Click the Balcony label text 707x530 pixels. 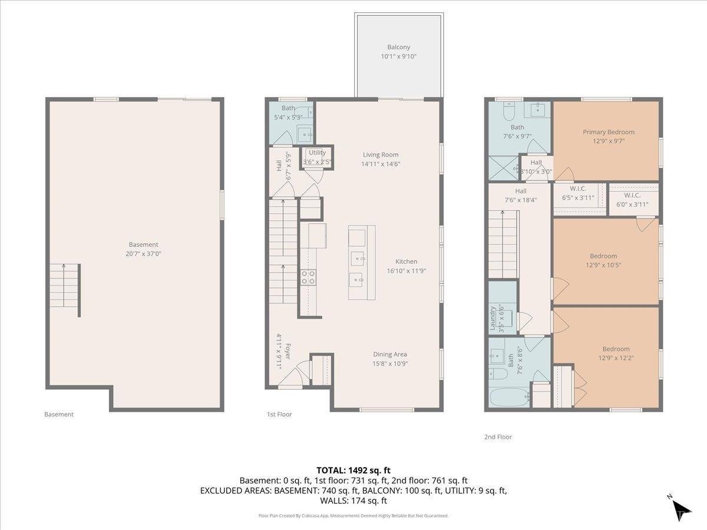coord(398,47)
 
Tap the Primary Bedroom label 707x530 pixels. coord(609,132)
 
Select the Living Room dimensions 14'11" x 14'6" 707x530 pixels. coord(381,164)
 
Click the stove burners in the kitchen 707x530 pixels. coord(308,277)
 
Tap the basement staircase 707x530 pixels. coord(65,289)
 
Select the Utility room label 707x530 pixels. coord(317,153)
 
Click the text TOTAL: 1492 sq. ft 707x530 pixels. coord(353,470)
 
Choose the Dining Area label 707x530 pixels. coord(390,355)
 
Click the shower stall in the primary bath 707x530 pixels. coord(503,167)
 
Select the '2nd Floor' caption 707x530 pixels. coord(497,437)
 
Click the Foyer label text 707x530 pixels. coord(288,350)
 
